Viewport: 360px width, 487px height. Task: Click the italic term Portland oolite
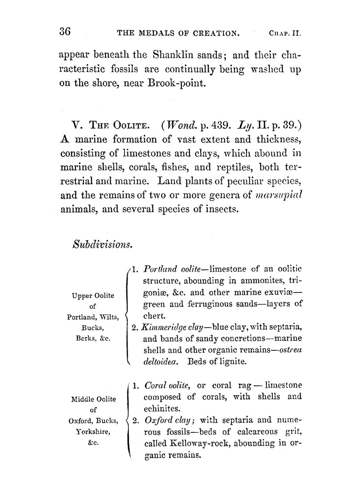coord(169,269)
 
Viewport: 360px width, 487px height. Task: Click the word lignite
coord(233,362)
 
